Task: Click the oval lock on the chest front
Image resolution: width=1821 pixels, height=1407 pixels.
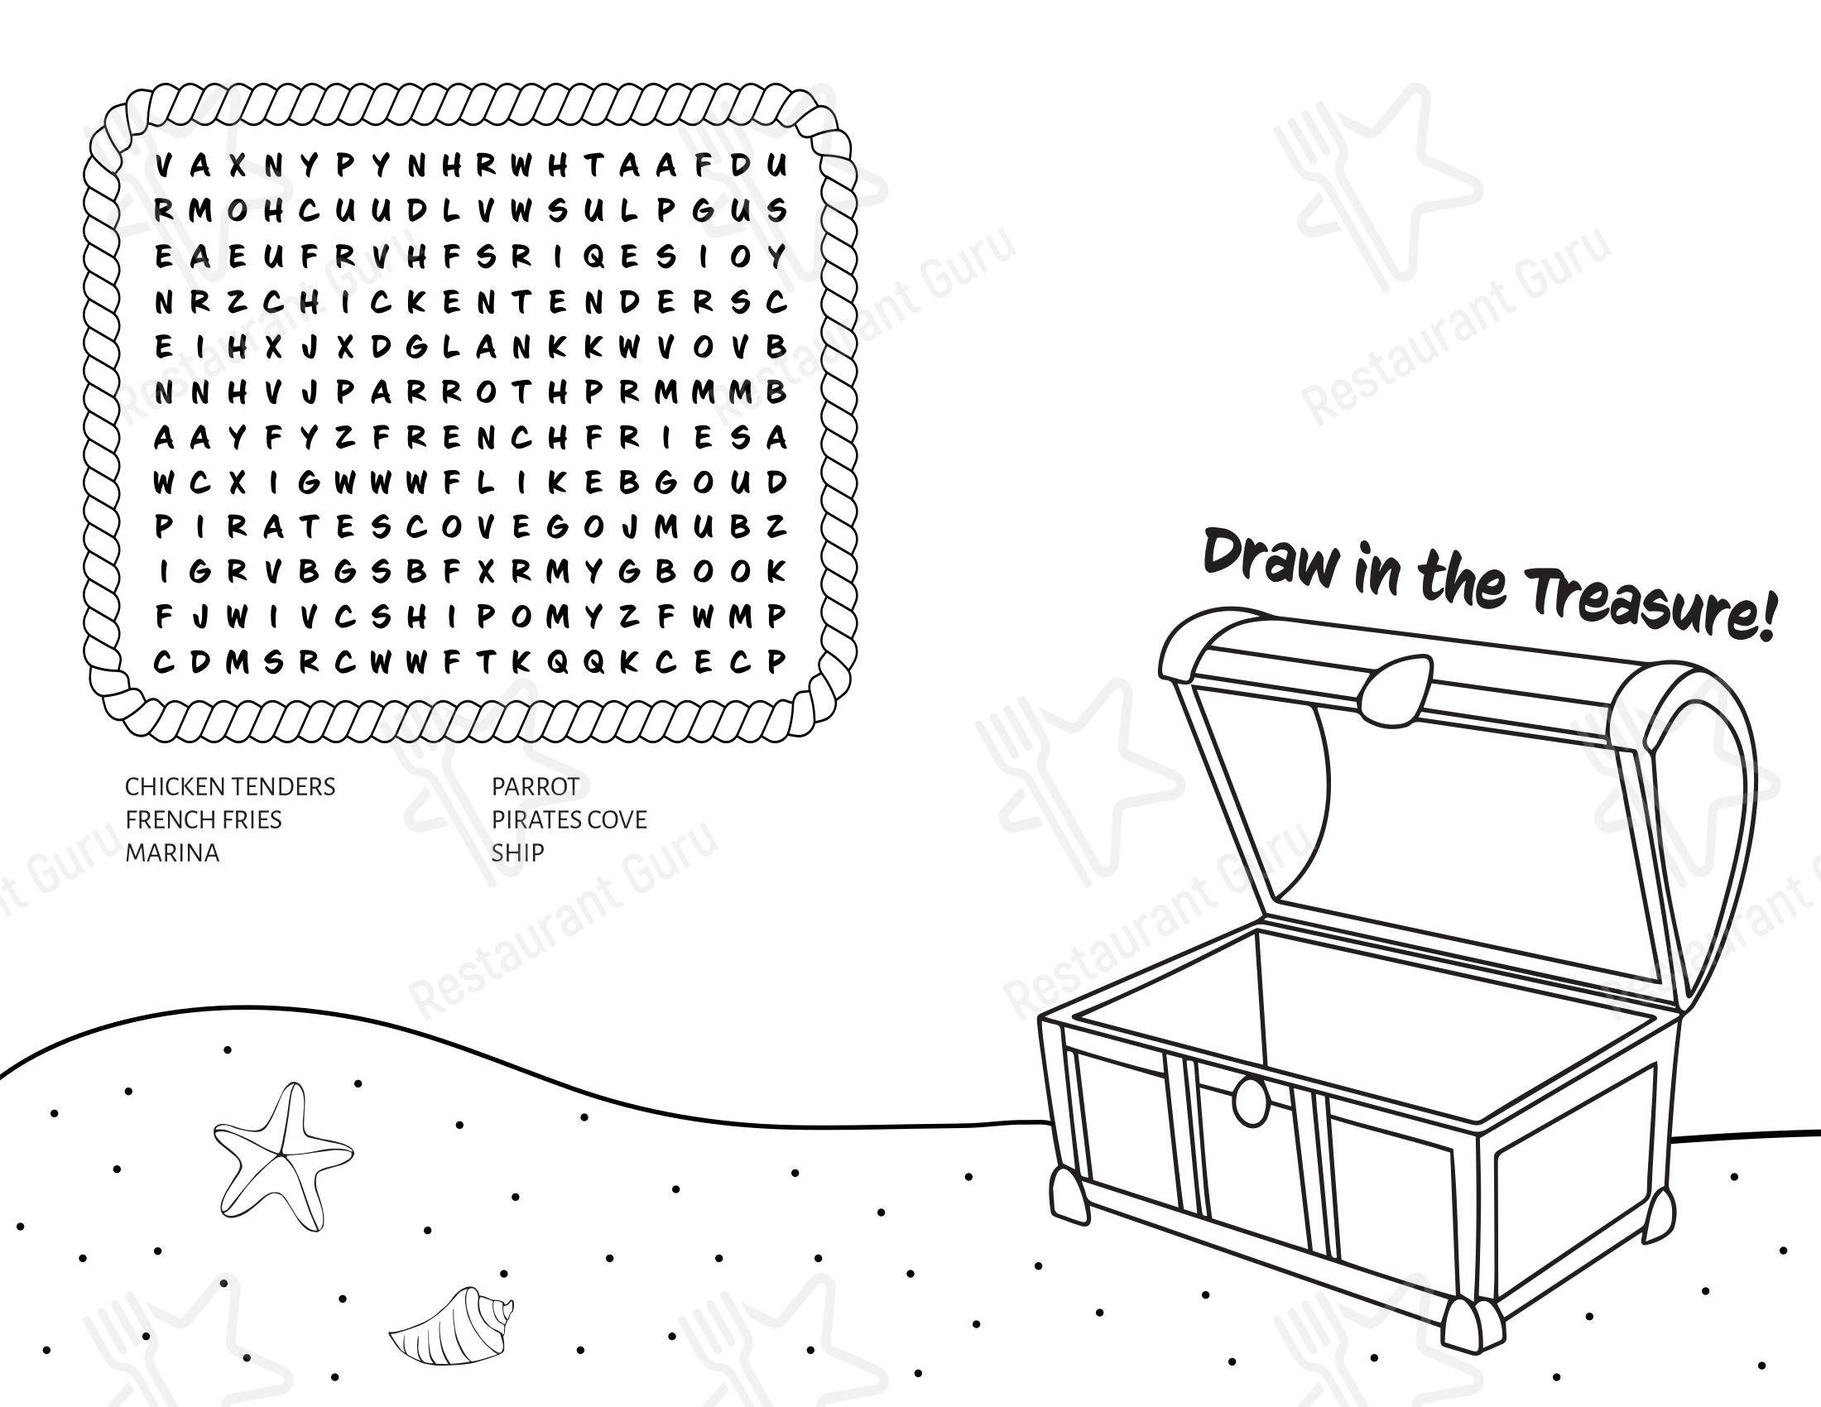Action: point(1250,1101)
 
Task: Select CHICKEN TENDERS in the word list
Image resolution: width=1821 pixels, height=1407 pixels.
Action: point(230,786)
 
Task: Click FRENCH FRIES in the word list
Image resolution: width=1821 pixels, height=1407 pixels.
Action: point(204,819)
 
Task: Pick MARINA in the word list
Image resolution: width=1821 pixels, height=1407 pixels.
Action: point(172,852)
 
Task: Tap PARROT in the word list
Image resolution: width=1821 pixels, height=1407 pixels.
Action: point(536,786)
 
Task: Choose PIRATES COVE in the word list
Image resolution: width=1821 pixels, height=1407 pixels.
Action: point(569,819)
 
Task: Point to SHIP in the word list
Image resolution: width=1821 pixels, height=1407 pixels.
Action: point(518,852)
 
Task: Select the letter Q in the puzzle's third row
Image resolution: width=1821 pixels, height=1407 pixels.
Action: point(594,257)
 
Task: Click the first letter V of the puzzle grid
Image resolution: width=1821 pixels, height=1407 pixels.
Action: point(164,166)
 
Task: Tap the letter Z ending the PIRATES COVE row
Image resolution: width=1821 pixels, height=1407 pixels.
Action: point(776,526)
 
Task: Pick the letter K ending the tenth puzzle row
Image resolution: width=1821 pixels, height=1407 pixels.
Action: point(776,571)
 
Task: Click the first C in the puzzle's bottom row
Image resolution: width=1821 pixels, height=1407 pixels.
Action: point(164,662)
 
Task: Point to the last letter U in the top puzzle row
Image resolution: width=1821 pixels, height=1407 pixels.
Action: point(776,166)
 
